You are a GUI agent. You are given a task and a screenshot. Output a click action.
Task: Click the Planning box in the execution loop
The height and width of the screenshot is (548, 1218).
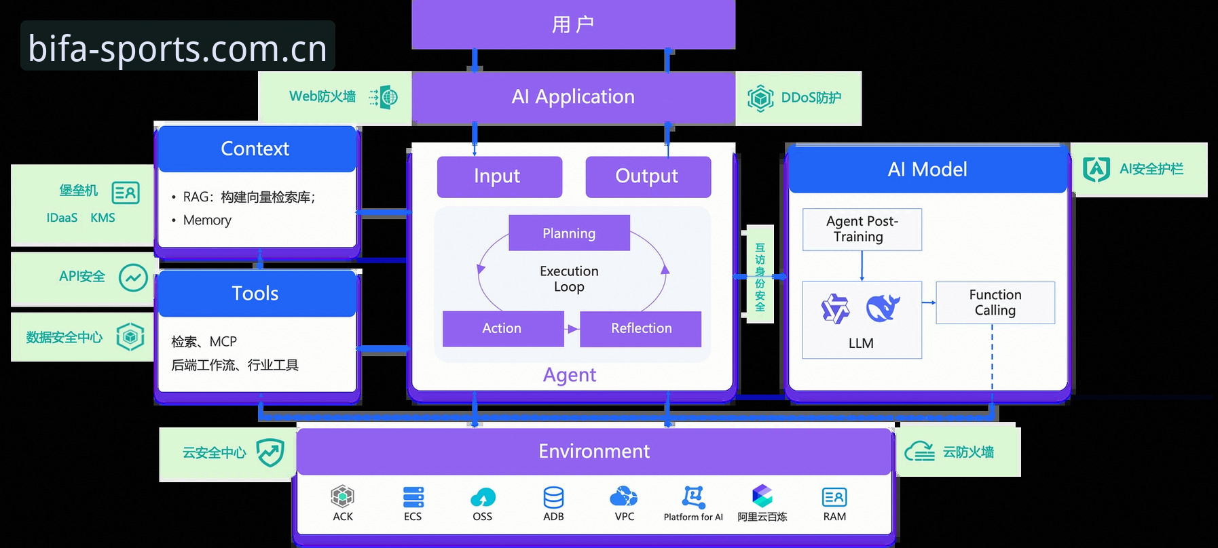[x=569, y=233]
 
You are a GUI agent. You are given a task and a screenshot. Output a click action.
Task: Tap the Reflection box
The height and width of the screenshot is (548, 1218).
[x=640, y=329]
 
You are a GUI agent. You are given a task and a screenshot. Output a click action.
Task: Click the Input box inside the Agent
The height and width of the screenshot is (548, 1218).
[x=499, y=176]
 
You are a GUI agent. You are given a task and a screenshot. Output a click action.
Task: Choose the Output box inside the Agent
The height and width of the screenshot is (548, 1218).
[x=648, y=176]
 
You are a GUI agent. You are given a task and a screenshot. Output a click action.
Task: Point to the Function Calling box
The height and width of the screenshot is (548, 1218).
[x=995, y=302]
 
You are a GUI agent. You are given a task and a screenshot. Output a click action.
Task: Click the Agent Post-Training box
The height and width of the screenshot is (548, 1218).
[x=862, y=229]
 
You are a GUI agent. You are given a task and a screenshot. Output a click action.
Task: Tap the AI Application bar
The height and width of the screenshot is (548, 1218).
[x=573, y=97]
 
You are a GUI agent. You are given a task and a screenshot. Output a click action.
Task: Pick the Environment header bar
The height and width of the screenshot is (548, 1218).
[x=594, y=451]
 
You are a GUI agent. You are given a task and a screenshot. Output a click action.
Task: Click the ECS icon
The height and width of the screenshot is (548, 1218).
[x=413, y=497]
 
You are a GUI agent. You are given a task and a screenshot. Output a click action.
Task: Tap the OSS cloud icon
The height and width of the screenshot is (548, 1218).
[x=483, y=498]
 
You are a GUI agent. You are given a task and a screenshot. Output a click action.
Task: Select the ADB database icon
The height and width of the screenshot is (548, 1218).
[x=553, y=497]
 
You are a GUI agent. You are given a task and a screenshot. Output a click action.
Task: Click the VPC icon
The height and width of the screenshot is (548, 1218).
[x=624, y=496]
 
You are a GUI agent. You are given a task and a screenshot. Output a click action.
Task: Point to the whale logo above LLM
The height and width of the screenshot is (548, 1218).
[x=883, y=308]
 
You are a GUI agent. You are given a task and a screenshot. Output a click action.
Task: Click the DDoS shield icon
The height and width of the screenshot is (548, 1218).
[x=760, y=98]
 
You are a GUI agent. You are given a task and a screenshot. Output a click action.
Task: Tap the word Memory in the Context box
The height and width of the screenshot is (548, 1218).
[x=207, y=220]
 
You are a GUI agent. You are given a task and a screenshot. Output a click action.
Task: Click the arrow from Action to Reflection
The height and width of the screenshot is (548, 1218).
[x=572, y=329]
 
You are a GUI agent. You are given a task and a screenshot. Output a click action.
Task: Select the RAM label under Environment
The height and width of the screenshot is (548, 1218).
[x=834, y=517]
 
